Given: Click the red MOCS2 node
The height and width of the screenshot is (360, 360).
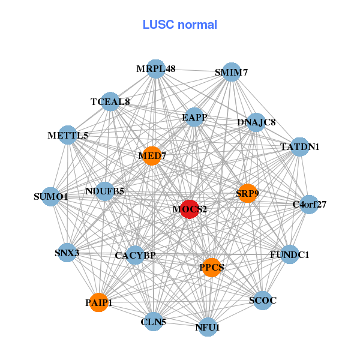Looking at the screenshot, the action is [x=190, y=209].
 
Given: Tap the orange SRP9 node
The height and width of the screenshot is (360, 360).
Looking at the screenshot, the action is [x=247, y=193].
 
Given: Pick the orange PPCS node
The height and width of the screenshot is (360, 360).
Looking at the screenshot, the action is [x=211, y=267].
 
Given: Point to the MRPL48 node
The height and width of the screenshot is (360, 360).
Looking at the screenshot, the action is [x=155, y=69].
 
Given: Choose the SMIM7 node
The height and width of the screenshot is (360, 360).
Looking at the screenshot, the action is [x=231, y=73].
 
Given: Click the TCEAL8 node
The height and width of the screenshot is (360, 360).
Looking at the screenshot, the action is [x=110, y=101].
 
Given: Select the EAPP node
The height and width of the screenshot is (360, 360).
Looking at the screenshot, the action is [x=194, y=118].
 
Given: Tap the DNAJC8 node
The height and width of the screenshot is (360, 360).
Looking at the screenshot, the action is [x=256, y=122].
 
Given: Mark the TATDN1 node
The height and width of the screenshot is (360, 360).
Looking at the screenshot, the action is [x=300, y=146].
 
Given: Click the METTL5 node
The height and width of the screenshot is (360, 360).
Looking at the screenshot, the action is [x=68, y=136].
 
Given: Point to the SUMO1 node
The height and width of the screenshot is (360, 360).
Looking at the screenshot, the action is [x=51, y=196].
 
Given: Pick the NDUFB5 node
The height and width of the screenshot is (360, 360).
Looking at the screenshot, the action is [x=105, y=192].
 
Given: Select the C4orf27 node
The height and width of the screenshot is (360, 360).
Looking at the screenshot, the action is [x=309, y=205].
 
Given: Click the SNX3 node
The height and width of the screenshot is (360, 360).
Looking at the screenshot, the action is [x=67, y=253].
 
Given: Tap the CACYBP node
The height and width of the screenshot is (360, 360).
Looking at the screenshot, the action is [x=135, y=256].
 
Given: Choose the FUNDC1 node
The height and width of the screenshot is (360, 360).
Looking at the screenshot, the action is [x=289, y=255].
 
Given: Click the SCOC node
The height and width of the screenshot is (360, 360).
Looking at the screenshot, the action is [x=263, y=300].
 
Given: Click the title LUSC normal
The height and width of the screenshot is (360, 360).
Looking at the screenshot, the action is [x=179, y=25].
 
